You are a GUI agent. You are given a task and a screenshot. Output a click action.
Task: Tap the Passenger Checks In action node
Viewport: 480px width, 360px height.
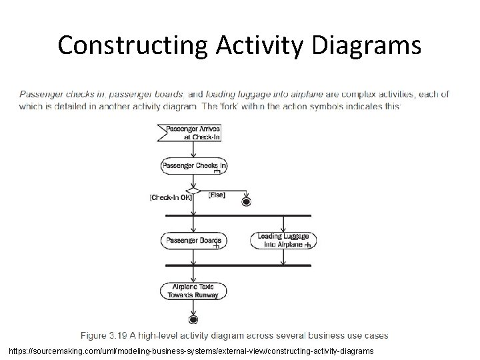tap(193, 165)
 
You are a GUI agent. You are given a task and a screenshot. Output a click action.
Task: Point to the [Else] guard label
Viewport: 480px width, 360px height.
tap(217, 195)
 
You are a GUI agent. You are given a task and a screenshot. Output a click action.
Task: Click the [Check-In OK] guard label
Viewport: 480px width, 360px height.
tap(171, 198)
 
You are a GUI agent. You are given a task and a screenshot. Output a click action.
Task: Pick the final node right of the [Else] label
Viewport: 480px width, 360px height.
tap(247, 201)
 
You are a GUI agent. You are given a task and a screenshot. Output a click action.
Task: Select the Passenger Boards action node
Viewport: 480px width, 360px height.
tap(193, 240)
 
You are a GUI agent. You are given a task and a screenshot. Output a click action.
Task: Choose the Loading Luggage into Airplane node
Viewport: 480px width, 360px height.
tap(283, 240)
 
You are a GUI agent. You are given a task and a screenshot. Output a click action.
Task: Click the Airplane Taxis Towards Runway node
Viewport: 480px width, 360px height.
tap(193, 290)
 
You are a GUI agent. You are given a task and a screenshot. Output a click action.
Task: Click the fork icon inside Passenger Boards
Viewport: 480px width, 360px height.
tap(215, 247)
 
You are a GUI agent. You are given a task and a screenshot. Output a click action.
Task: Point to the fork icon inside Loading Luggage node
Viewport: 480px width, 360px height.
tap(307, 245)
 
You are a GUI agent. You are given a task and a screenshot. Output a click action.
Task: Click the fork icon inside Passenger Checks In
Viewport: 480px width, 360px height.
tap(217, 171)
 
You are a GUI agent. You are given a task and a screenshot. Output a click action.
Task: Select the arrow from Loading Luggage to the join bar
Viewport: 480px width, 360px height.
tap(283, 257)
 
